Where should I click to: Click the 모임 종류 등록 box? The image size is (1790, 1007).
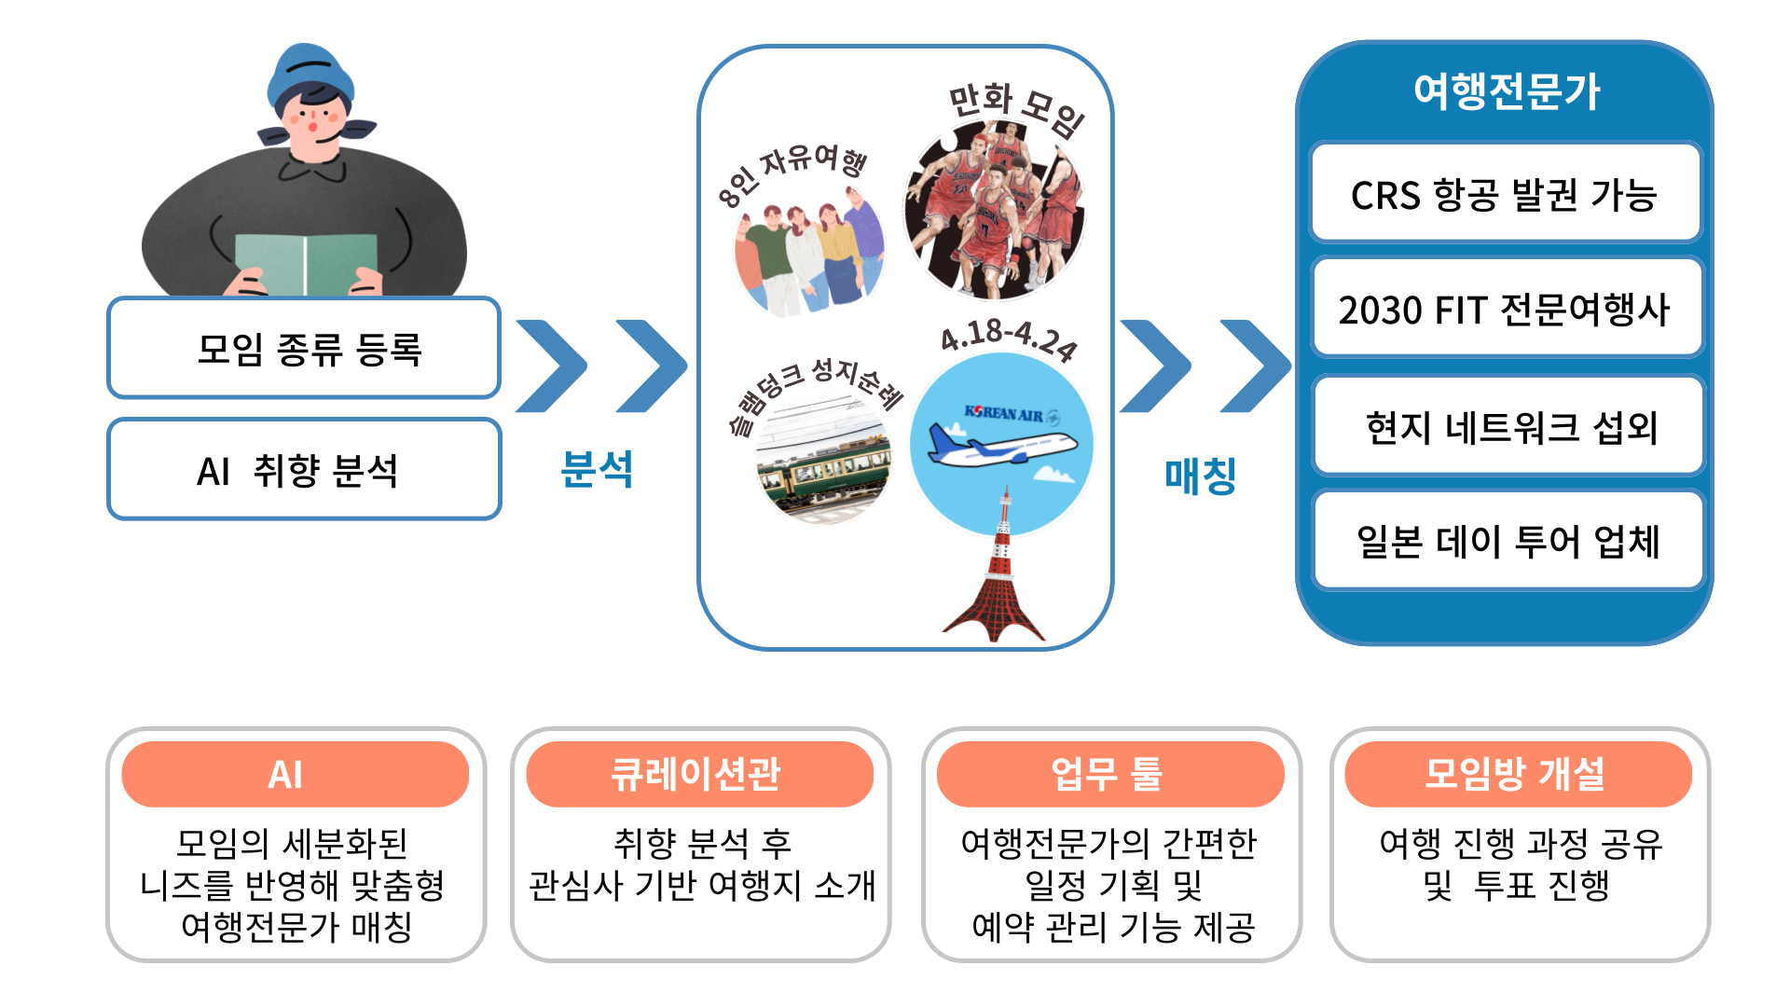click(x=304, y=348)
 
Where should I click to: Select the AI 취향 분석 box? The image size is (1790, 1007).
click(x=304, y=469)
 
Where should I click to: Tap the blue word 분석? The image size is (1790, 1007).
click(x=597, y=469)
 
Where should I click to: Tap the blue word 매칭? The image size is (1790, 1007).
click(x=1200, y=476)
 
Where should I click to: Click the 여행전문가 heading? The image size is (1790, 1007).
click(x=1507, y=91)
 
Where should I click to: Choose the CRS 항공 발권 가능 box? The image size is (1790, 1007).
click(x=1506, y=193)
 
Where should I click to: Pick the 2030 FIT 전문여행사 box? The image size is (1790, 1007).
click(x=1506, y=309)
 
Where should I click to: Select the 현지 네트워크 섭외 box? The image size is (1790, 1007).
click(x=1506, y=426)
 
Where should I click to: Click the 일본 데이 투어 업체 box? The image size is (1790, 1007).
click(x=1506, y=542)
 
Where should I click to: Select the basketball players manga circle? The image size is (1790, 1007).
click(x=996, y=210)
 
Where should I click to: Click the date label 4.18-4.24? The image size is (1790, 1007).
click(x=1009, y=338)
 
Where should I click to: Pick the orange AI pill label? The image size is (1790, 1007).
click(x=295, y=774)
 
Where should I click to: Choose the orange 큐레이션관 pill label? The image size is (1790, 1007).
click(x=699, y=774)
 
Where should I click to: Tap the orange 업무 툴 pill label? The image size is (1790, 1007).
click(x=1110, y=774)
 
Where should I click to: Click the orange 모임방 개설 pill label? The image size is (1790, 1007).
click(x=1518, y=774)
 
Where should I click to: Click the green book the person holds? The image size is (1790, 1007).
click(x=306, y=263)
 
